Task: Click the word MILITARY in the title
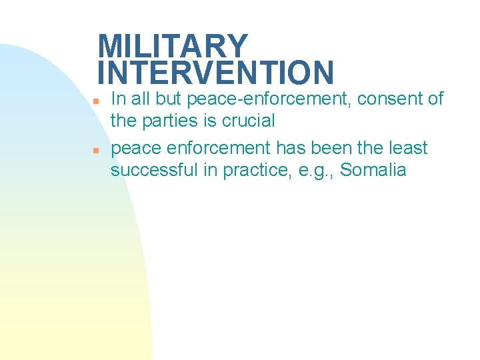coord(173,47)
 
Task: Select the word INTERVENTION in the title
coord(215,72)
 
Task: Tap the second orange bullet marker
coord(96,150)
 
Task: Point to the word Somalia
coord(373,170)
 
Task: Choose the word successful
coord(156,170)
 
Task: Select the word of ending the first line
coord(435,99)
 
